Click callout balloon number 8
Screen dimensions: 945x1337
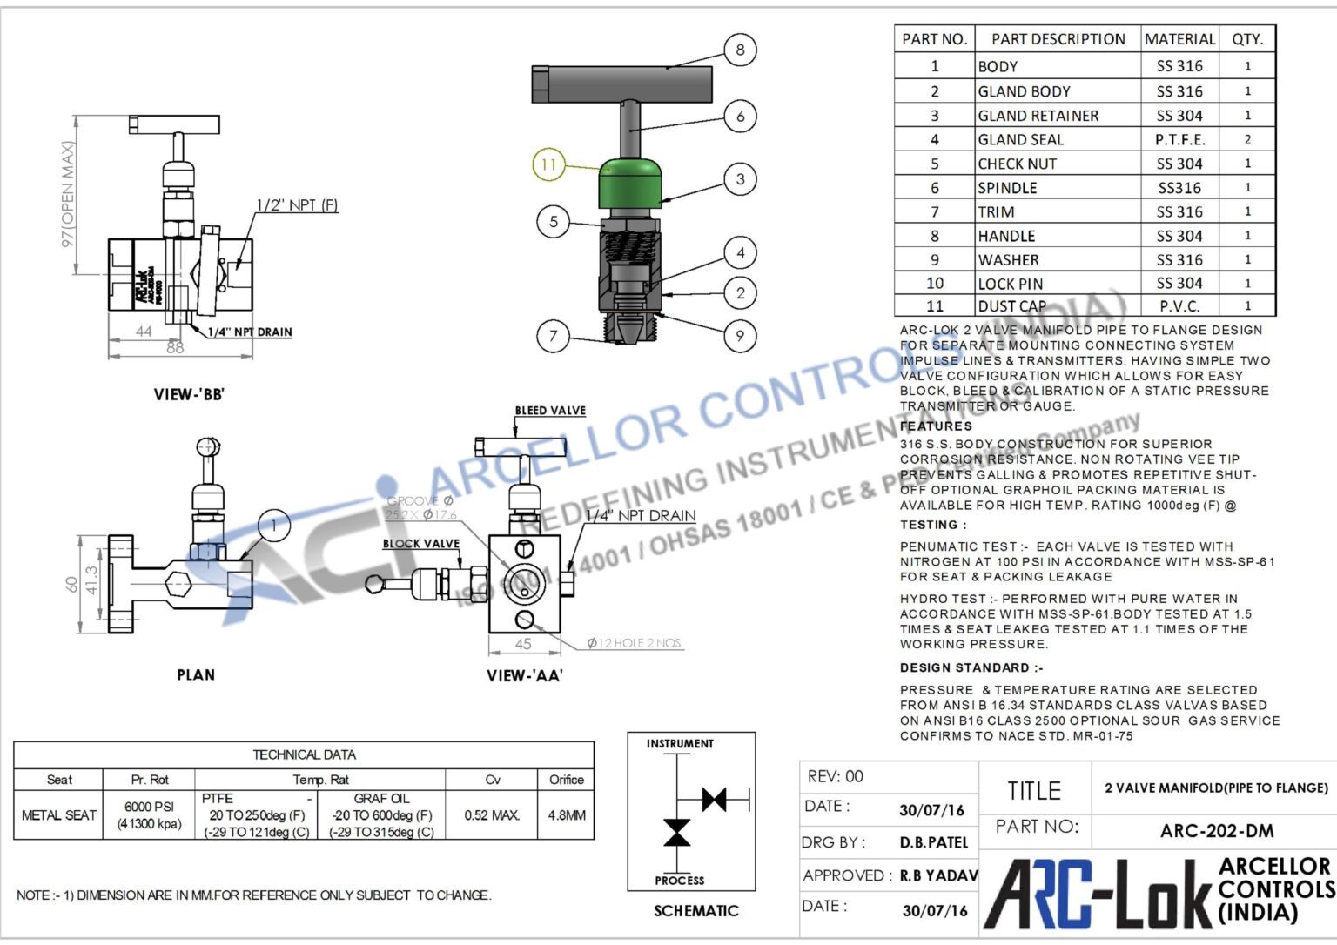(740, 50)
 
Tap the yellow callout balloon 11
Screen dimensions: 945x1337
(548, 164)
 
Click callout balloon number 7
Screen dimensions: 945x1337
(553, 335)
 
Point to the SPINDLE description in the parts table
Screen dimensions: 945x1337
(1007, 188)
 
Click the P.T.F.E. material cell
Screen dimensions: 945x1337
(1179, 139)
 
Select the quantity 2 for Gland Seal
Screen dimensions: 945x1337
(1247, 139)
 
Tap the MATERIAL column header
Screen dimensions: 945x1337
(1179, 39)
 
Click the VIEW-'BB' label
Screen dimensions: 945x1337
(189, 394)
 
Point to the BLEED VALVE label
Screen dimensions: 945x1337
(550, 411)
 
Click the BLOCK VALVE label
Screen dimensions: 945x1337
(420, 544)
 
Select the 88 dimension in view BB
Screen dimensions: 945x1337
(175, 347)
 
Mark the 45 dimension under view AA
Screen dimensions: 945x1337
(522, 644)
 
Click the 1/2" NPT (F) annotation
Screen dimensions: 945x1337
(296, 205)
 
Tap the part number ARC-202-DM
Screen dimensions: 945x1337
(1216, 831)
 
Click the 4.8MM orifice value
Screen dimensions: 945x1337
(567, 815)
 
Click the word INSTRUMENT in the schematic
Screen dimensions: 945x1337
(680, 744)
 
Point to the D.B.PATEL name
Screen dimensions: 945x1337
(934, 842)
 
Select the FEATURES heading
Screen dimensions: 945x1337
(936, 426)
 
